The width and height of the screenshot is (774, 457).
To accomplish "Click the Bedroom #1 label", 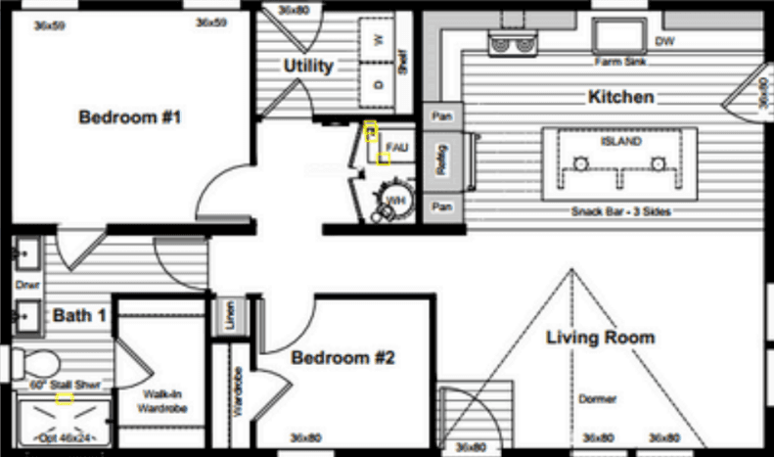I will pos(130,117).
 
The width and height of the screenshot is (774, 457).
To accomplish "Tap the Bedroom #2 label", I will pos(342,359).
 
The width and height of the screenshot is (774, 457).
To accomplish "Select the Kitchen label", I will pos(620,98).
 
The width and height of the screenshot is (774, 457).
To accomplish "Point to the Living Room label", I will pos(600,338).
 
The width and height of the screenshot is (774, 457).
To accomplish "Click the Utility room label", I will pos(308,67).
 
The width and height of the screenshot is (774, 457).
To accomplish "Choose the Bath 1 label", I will pos(79,315).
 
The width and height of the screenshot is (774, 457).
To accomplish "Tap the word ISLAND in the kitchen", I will pos(620,141).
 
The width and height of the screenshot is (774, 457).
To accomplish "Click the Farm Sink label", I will pos(617,62).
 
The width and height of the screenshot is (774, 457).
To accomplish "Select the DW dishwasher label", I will pos(664,41).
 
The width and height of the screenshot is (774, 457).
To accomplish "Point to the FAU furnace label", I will pos(395,147).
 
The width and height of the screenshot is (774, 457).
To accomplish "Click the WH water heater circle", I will pos(395,200).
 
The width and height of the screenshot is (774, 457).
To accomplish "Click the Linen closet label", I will pos(230,318).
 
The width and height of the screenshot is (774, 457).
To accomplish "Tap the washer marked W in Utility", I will pos(378,41).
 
